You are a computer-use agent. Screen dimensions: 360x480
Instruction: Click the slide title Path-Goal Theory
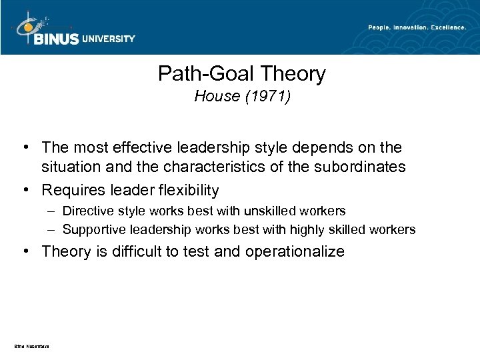tap(241, 73)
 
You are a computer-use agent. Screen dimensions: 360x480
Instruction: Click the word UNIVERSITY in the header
tap(109, 39)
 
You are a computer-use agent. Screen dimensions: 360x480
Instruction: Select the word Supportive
tap(93, 230)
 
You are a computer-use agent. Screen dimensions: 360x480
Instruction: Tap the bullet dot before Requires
tap(24, 191)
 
